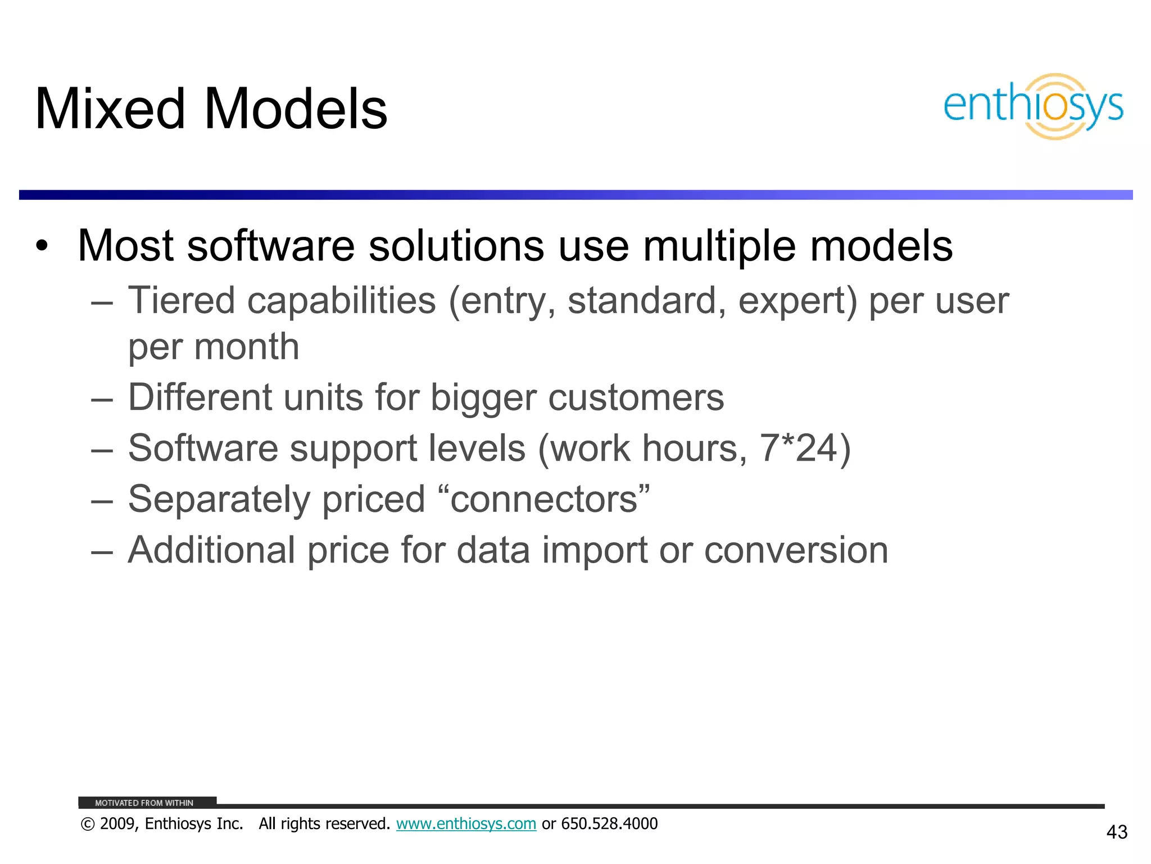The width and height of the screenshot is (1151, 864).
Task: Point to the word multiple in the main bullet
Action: tap(719, 246)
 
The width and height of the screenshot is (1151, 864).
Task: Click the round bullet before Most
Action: tap(42, 246)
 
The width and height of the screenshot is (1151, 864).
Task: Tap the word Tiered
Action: tap(181, 300)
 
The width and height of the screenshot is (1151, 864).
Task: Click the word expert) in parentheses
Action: tap(797, 301)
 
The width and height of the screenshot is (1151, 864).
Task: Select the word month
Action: tap(246, 346)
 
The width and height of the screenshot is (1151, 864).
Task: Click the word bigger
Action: tap(483, 398)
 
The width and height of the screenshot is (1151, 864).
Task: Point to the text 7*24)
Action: tap(805, 448)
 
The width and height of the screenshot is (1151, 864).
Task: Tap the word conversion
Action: tap(796, 550)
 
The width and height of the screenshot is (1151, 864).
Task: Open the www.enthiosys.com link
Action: tap(466, 824)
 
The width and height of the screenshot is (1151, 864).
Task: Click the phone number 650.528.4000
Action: tap(609, 824)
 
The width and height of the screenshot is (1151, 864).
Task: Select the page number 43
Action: tap(1116, 832)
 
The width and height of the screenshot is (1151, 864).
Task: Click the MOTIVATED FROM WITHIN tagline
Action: tap(144, 803)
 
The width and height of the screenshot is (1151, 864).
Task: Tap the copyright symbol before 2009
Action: tap(88, 825)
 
